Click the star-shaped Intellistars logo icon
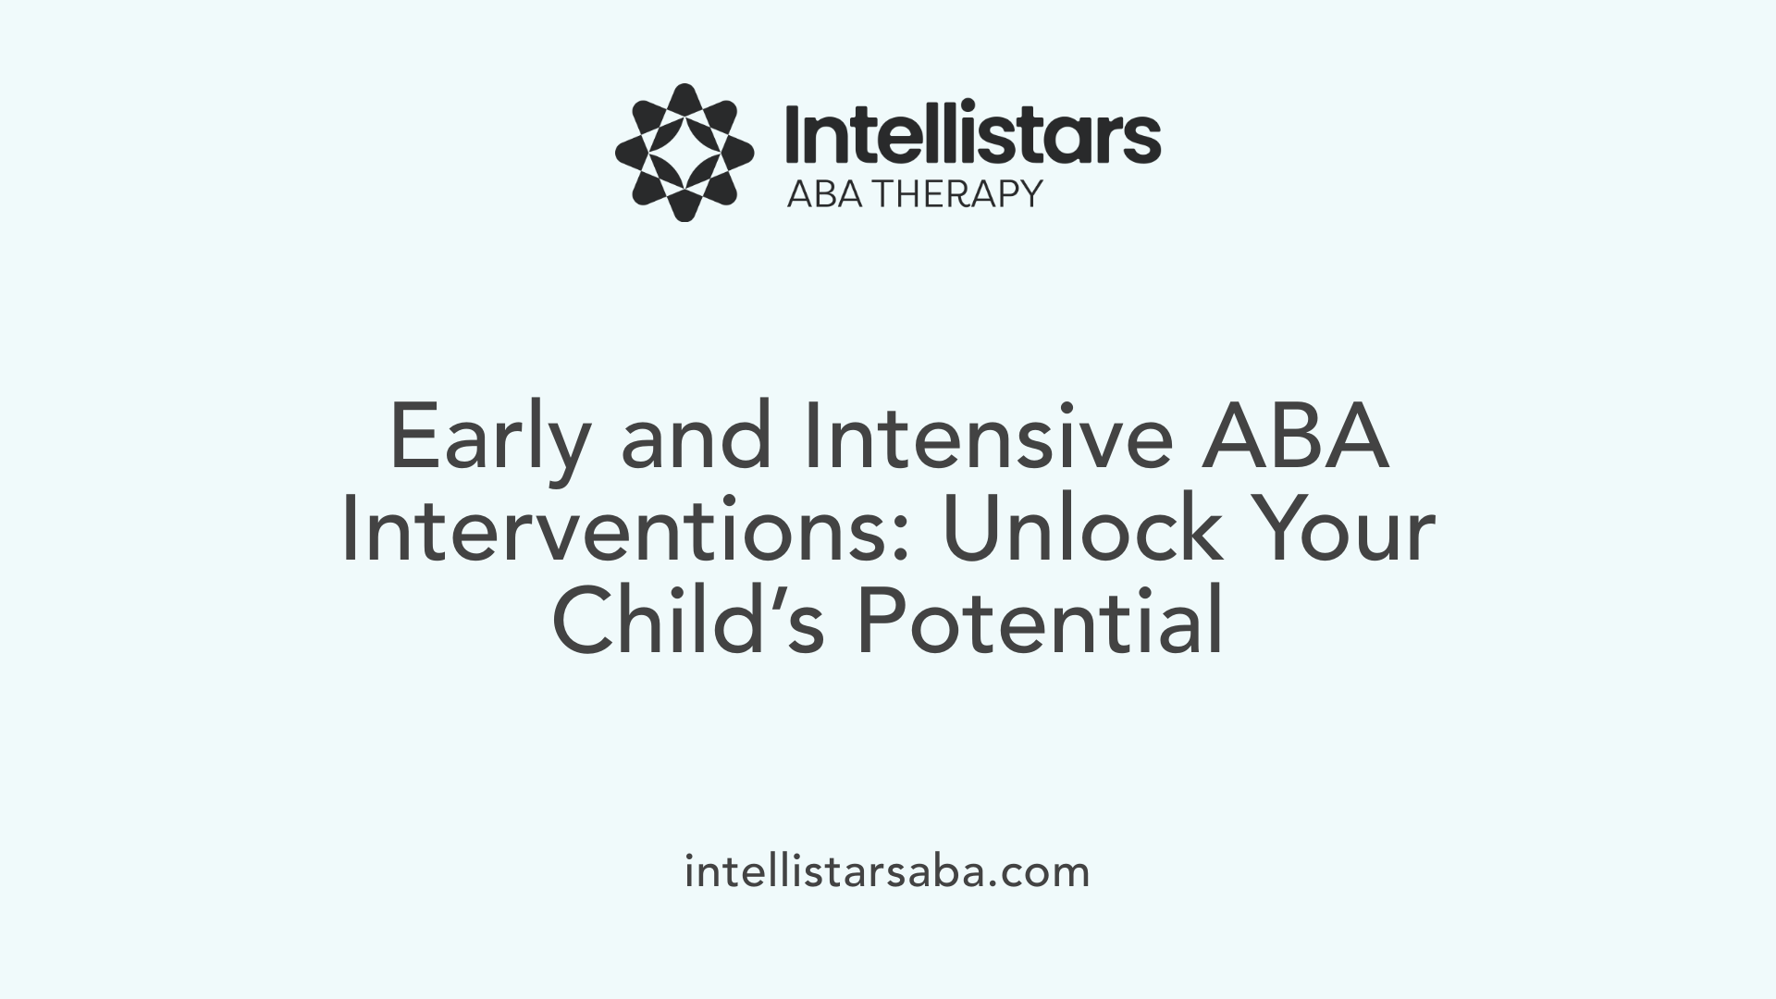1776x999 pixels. click(x=684, y=153)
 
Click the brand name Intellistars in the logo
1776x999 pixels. click(x=972, y=135)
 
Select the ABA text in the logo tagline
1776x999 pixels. click(x=824, y=194)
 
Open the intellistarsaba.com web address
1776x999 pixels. click(x=887, y=872)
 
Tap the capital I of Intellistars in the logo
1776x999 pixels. click(x=794, y=135)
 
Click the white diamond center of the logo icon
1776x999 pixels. click(x=684, y=153)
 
